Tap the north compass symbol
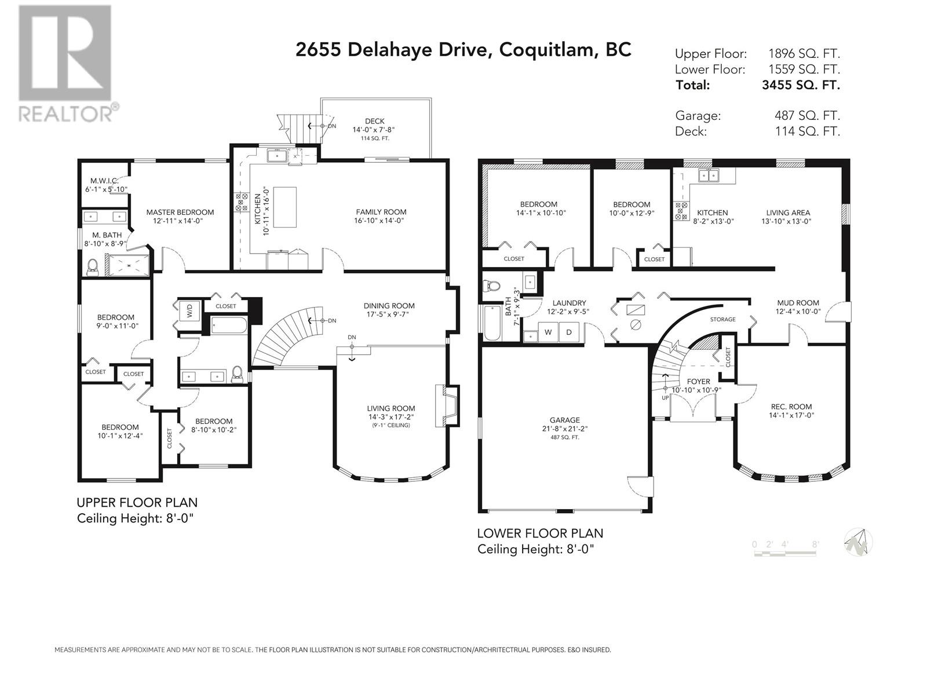(x=857, y=542)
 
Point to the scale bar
(x=785, y=548)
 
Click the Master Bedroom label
(x=180, y=212)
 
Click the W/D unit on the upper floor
(x=189, y=312)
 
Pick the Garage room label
(x=565, y=420)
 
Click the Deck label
(x=375, y=121)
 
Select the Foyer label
(x=698, y=382)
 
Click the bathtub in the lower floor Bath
(x=491, y=323)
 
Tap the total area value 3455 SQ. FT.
(x=801, y=85)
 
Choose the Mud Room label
(x=798, y=303)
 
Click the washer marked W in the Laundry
(x=548, y=332)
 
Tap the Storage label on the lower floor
(x=722, y=320)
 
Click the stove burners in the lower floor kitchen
(x=681, y=211)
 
